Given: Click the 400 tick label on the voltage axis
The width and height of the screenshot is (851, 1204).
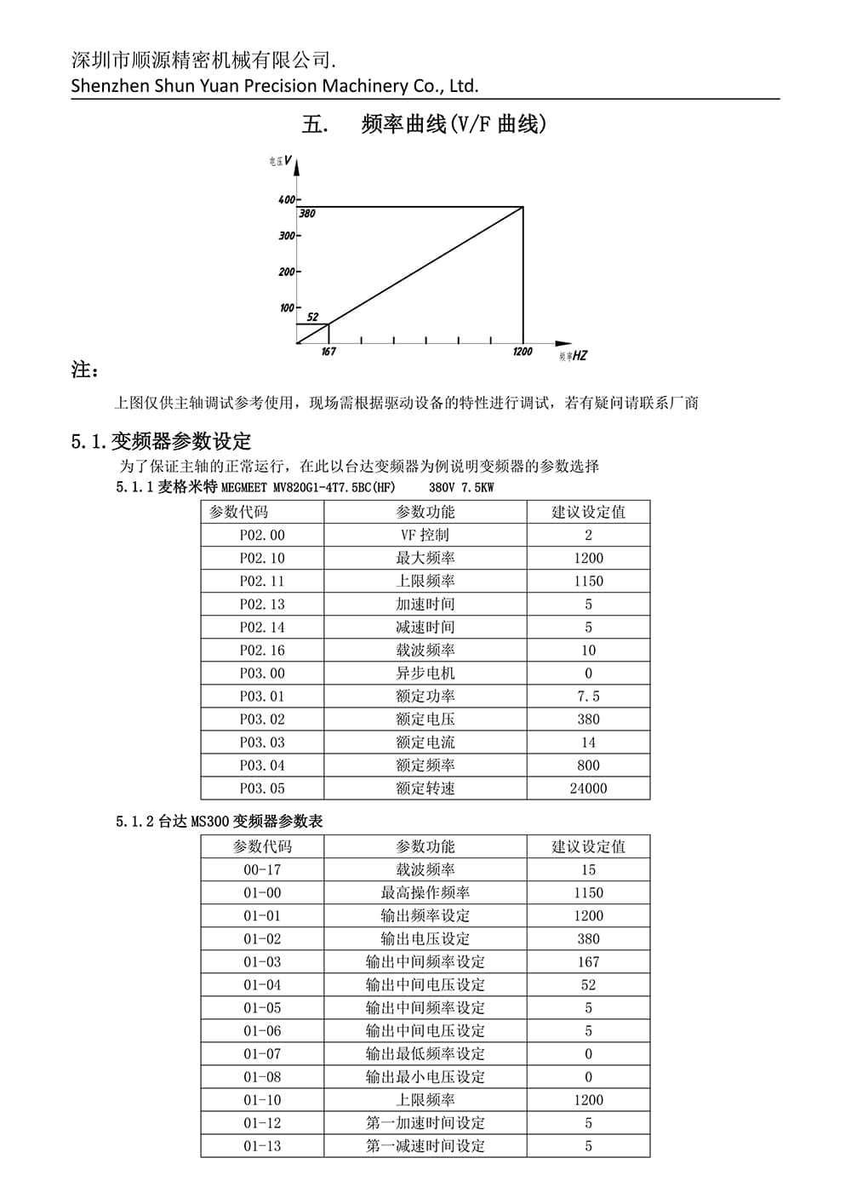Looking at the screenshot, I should [x=286, y=200].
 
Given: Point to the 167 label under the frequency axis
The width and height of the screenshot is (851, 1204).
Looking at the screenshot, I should [x=328, y=352].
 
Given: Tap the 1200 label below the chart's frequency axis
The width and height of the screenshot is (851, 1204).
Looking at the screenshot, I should [x=523, y=352].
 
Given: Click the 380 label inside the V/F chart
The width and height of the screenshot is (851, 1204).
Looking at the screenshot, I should [x=307, y=214].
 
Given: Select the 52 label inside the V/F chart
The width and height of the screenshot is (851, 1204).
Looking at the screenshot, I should [x=312, y=318].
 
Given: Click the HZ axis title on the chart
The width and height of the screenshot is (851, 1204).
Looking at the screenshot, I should [x=579, y=356].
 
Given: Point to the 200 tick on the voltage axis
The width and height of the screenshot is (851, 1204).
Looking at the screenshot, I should [x=286, y=272].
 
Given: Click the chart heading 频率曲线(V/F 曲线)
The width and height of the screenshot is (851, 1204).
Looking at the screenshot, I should [x=454, y=124].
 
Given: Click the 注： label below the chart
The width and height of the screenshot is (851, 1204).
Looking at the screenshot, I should [x=85, y=370].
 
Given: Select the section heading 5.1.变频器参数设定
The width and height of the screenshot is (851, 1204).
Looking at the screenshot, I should [x=161, y=441].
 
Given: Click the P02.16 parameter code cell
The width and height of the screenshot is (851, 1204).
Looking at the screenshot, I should [x=262, y=651].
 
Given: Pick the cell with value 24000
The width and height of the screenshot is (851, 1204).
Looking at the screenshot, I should [x=588, y=788].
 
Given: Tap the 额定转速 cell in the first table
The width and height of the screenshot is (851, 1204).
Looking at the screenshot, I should [x=425, y=788].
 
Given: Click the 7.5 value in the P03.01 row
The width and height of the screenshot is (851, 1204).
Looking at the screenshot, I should [x=588, y=697].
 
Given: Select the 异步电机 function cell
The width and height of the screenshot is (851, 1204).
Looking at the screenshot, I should [x=425, y=674].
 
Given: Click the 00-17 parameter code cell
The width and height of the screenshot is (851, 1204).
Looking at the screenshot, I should [x=262, y=870].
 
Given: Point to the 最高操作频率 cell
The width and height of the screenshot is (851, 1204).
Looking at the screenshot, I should [x=425, y=893].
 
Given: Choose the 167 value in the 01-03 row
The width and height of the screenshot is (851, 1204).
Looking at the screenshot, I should [x=588, y=962].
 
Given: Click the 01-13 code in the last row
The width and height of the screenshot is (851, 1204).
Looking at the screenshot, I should [x=262, y=1146].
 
